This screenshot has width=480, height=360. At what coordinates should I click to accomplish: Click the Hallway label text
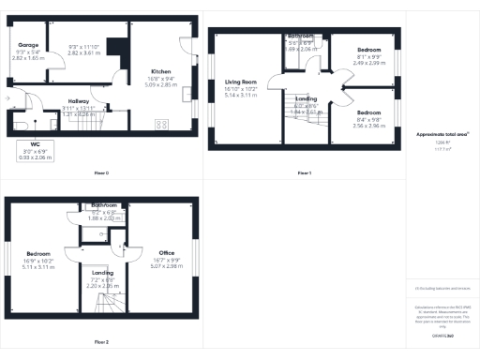click(79, 103)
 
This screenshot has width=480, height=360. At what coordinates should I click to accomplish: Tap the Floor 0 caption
click(100, 172)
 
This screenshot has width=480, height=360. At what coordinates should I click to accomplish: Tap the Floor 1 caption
click(304, 172)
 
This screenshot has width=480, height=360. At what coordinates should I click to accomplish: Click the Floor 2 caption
click(100, 342)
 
